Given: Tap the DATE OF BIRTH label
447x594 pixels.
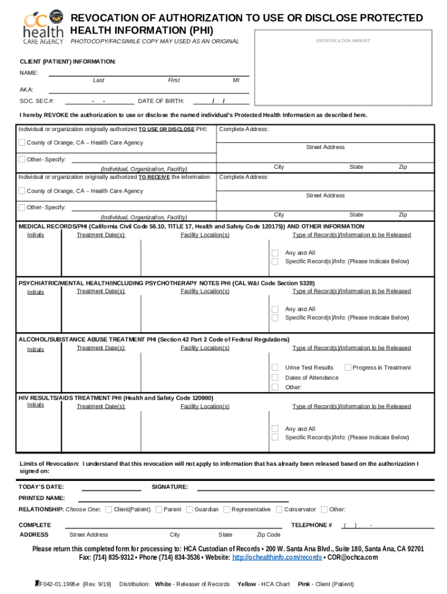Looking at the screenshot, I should (x=161, y=101).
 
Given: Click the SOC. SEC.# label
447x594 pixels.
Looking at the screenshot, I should (x=33, y=101).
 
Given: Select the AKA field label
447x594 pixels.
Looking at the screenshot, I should (x=26, y=90).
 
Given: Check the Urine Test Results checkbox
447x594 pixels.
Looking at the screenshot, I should (x=276, y=368).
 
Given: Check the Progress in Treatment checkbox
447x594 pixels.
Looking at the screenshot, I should (x=348, y=367).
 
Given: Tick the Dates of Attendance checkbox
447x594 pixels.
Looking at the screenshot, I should (x=276, y=378).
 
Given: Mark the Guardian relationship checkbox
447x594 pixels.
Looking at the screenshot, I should (x=189, y=509).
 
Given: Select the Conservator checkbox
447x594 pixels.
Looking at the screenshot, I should (x=279, y=509).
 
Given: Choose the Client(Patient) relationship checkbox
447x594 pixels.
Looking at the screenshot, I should (x=109, y=509).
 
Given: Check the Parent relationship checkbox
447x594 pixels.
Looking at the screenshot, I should (x=158, y=509).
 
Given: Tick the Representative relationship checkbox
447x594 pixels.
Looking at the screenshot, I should (x=226, y=509).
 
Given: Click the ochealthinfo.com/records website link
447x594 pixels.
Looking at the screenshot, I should (x=277, y=557).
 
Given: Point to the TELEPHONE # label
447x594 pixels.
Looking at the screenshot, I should (x=311, y=525).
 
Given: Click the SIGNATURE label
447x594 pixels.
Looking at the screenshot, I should (x=170, y=487).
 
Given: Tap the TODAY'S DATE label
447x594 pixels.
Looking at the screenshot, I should (x=41, y=487).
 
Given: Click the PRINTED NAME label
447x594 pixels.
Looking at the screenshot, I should (x=42, y=498).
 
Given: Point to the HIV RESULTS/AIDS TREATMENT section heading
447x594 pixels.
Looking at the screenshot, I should (x=116, y=398).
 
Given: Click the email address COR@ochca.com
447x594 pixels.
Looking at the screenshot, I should (x=352, y=557).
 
